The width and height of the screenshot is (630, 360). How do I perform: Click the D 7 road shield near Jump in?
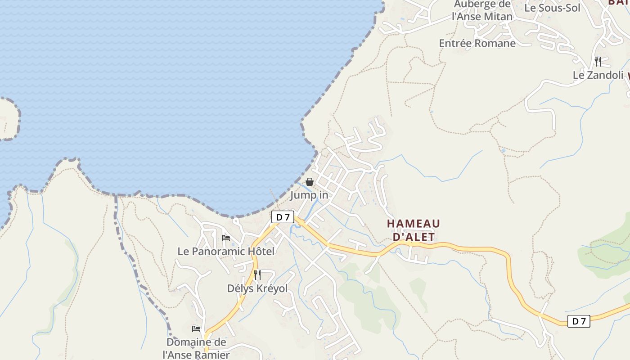(283, 217)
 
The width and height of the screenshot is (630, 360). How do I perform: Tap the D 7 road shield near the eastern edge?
(578, 321)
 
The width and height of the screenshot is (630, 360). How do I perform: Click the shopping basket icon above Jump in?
(310, 182)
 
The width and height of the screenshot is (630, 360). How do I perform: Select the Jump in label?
(309, 195)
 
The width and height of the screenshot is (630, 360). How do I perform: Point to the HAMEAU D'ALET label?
(414, 230)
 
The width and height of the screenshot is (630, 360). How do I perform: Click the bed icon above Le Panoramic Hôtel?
(226, 238)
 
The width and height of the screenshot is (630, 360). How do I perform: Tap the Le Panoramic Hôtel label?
(226, 251)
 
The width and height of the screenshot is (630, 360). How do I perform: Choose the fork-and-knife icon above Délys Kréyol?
(257, 274)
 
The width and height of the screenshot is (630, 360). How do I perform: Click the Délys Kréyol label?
(257, 288)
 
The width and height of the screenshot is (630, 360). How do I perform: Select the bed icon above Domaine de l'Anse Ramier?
(196, 328)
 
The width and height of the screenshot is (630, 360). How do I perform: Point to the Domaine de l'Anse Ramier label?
(196, 348)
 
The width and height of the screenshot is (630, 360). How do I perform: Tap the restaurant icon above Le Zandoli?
(598, 61)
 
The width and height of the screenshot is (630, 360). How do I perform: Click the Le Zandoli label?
(598, 75)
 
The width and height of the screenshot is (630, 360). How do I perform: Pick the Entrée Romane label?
(477, 43)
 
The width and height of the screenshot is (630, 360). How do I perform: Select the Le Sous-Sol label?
(552, 8)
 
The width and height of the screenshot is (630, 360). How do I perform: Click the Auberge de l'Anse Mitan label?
(482, 11)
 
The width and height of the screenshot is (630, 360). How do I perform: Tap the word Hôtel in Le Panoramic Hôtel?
(259, 251)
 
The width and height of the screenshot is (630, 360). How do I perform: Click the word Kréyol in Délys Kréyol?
(272, 288)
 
